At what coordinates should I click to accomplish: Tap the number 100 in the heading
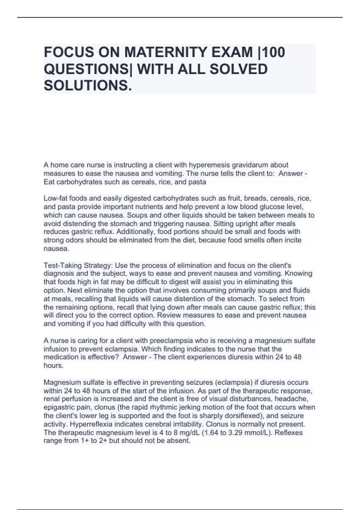[x=274, y=52]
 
